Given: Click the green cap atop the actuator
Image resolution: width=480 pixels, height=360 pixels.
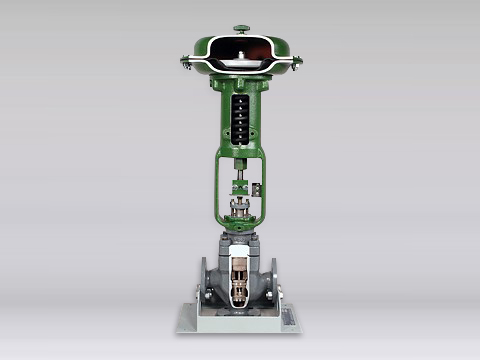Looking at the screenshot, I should [241, 28].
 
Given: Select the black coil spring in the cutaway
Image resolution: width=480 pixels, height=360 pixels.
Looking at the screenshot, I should [240, 115].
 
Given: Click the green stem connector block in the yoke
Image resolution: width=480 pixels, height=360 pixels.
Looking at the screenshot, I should [241, 187].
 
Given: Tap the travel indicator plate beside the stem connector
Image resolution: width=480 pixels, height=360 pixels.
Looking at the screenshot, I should [257, 189].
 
